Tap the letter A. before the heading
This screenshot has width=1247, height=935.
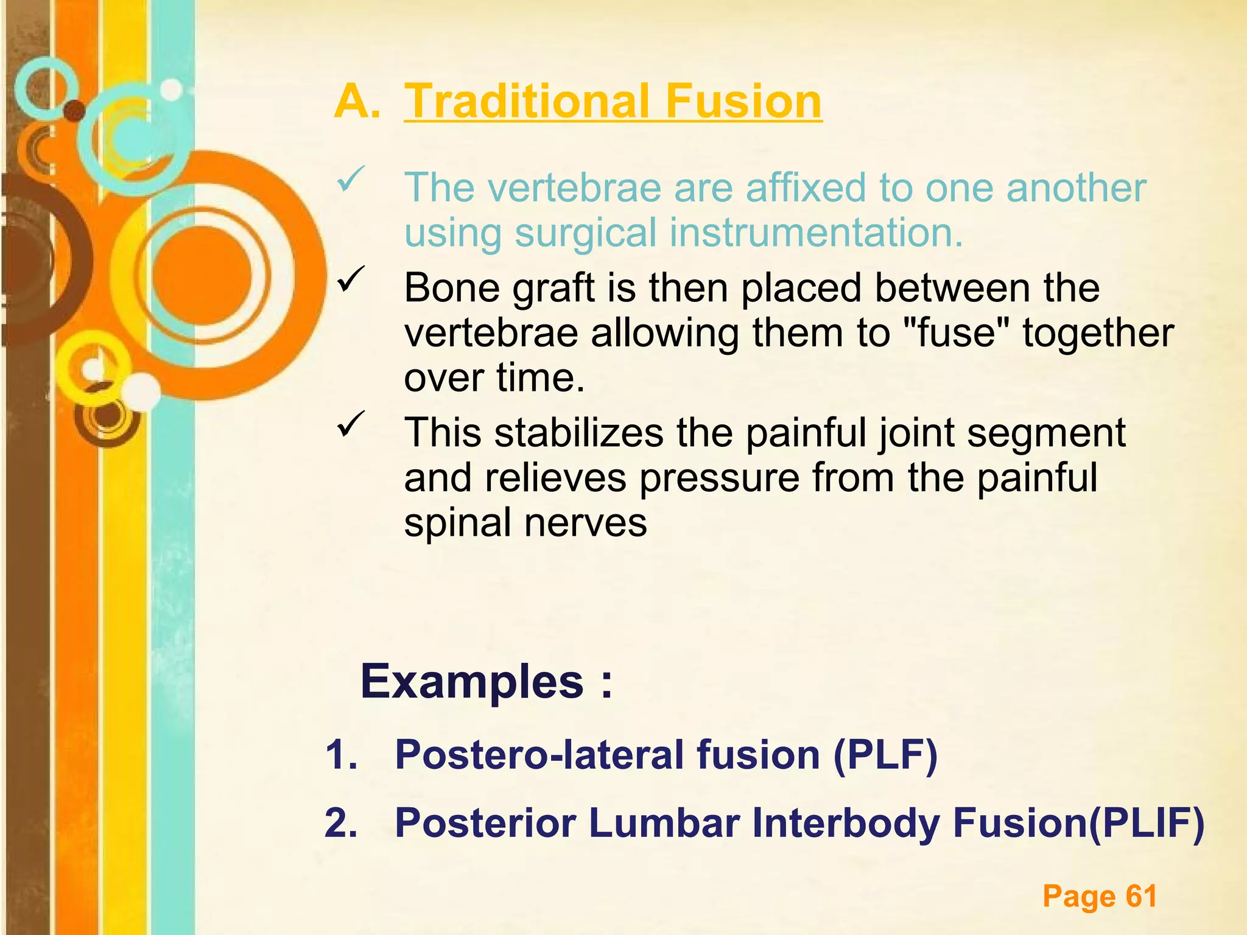357,101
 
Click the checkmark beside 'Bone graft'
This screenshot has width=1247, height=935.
351,280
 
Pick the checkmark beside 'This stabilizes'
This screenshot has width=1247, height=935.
351,424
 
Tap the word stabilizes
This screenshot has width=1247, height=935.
578,433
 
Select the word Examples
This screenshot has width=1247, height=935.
472,682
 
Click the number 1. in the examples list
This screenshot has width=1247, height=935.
341,755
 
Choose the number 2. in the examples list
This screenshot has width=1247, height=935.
341,823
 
